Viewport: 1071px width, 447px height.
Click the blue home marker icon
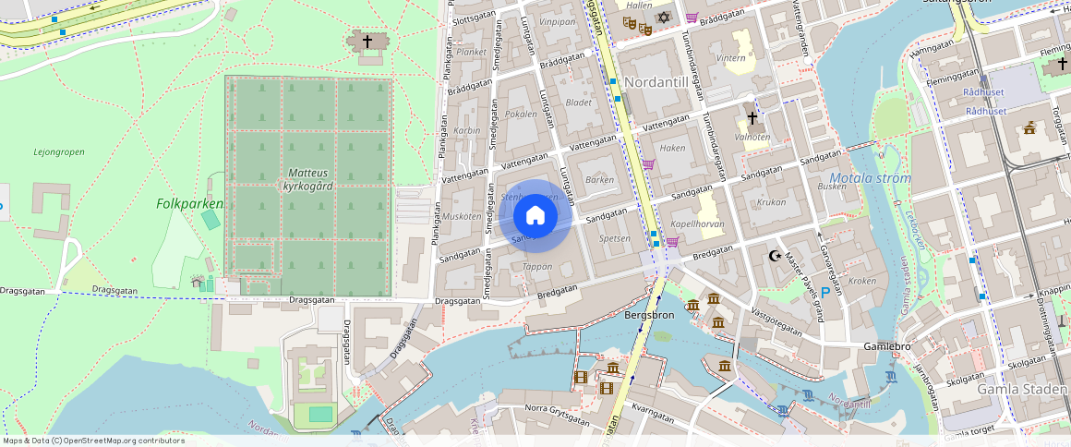pos(535,216)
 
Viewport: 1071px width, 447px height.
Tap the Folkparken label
pos(189,203)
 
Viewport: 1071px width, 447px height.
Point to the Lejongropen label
pos(58,152)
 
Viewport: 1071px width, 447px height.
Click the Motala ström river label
pos(870,178)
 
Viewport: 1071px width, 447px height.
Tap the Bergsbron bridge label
pos(649,315)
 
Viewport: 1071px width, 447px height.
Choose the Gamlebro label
pos(886,345)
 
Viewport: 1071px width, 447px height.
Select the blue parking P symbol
pos(824,293)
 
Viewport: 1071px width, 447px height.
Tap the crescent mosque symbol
pos(776,256)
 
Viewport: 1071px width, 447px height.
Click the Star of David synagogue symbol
pos(662,18)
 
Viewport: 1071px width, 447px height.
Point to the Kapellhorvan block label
pos(697,224)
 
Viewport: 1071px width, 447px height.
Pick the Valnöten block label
pos(752,137)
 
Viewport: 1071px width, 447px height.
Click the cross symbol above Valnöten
pos(752,118)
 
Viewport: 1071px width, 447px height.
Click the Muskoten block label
pos(463,217)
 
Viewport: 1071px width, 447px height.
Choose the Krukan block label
pos(771,202)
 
